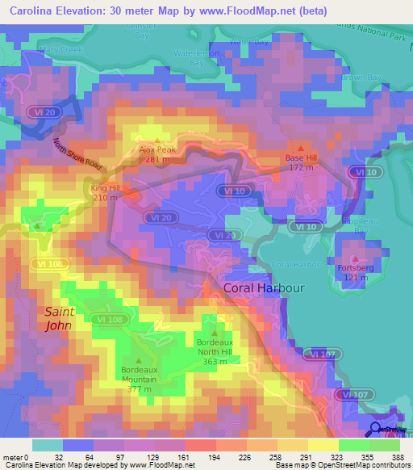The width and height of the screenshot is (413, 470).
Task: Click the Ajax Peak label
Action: pos(157,149)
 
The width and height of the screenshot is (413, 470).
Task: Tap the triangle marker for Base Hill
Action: pos(301,148)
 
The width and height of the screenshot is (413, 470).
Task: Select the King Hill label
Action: pos(105,188)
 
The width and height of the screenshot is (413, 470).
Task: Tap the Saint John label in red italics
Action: pos(58,318)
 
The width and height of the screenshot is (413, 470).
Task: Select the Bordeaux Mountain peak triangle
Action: pos(139,360)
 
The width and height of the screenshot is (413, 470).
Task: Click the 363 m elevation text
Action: pos(214,362)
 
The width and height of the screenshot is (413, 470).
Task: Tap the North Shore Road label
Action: pos(78,153)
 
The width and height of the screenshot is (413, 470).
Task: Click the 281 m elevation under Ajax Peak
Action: pos(157,159)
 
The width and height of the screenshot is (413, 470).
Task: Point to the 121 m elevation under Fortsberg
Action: pos(353,279)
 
